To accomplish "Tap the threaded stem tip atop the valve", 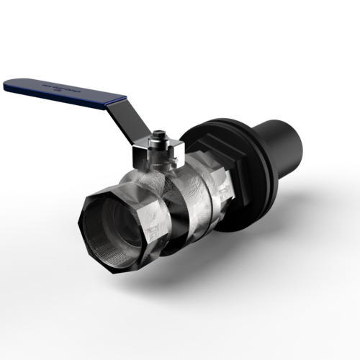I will pos(159,133).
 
